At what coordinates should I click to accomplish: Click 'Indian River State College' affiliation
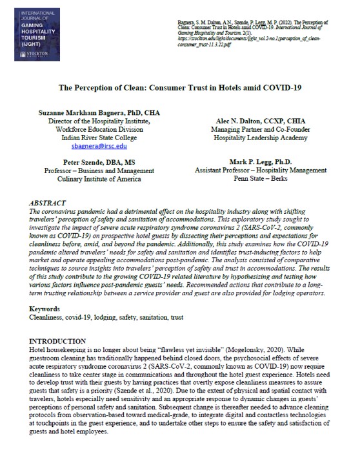(x=90, y=138)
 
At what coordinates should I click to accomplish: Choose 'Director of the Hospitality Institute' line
(x=90, y=121)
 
